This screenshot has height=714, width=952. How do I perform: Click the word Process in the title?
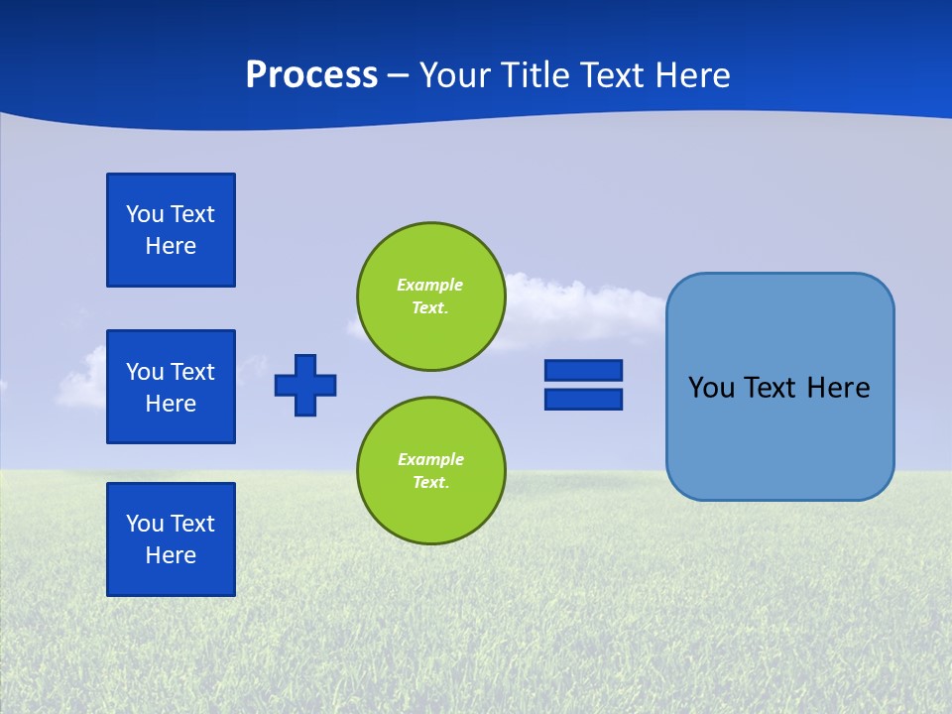[x=311, y=75]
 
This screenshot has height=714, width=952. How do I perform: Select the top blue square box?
[x=171, y=230]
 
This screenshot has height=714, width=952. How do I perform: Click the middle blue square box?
[x=171, y=387]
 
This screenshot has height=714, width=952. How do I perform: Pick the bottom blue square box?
[x=171, y=539]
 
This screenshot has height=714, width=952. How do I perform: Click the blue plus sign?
[x=305, y=385]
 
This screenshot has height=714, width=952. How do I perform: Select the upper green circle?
[x=430, y=297]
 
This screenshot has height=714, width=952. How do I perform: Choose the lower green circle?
[x=430, y=471]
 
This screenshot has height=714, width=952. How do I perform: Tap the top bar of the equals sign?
[x=583, y=370]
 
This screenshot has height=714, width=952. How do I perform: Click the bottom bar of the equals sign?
[x=583, y=399]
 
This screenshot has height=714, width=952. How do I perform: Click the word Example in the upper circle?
[x=429, y=285]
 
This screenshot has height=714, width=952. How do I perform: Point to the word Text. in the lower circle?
[x=430, y=483]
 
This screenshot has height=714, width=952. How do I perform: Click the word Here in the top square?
[x=171, y=246]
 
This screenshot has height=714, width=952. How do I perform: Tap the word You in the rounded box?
[x=711, y=388]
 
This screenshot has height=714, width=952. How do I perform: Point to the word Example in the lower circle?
[x=430, y=459]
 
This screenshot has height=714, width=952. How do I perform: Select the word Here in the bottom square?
[x=171, y=555]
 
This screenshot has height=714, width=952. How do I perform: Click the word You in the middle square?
[x=145, y=372]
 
